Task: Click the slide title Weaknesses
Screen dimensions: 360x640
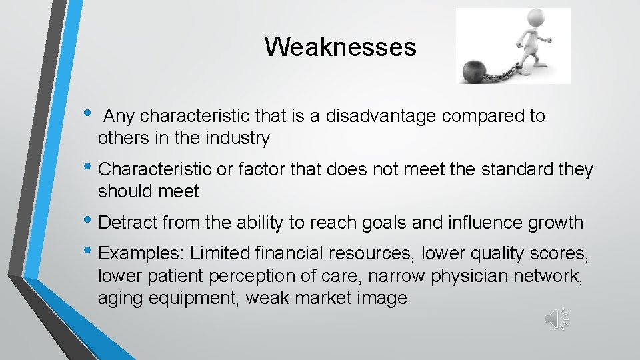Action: pyautogui.click(x=340, y=47)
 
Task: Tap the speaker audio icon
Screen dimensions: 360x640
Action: pyautogui.click(x=557, y=319)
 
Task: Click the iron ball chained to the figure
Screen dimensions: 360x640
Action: pyautogui.click(x=473, y=71)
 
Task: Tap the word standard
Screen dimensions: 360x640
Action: pyautogui.click(x=521, y=170)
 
